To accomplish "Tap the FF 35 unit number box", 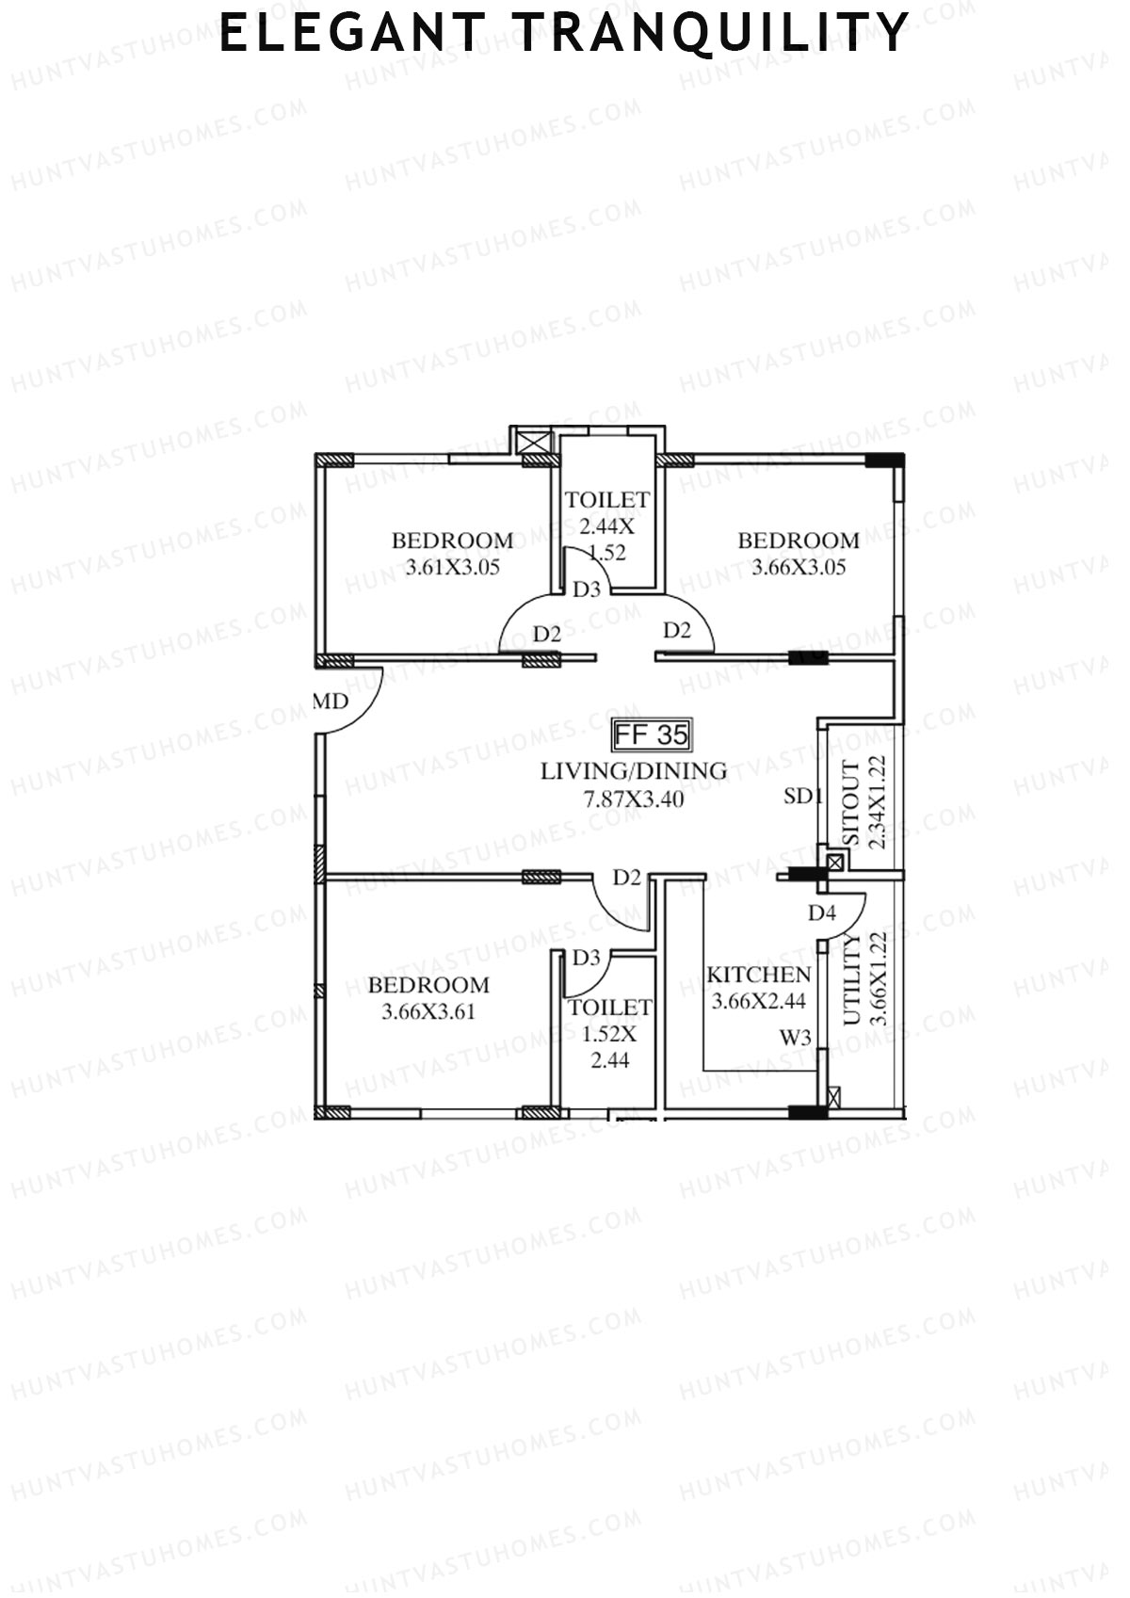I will tap(652, 734).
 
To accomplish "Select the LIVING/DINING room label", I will tap(633, 771).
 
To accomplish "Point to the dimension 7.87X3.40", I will tap(633, 799).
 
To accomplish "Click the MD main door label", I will tap(331, 702).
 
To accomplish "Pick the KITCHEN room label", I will tap(758, 975).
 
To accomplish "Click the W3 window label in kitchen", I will tap(795, 1038).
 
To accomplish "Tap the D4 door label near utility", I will tap(821, 912).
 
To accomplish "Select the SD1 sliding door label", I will tap(802, 797).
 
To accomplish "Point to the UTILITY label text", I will tap(851, 979).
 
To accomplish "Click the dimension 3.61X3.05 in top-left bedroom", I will tap(452, 568).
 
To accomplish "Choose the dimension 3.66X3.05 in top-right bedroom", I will tap(799, 568).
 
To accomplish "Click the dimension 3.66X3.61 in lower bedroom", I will tap(428, 1012).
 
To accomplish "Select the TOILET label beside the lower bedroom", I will tap(609, 1008).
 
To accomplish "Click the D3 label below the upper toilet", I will tap(587, 589).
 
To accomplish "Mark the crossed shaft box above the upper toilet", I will tap(533, 441).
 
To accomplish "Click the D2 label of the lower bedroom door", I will tap(627, 878).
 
